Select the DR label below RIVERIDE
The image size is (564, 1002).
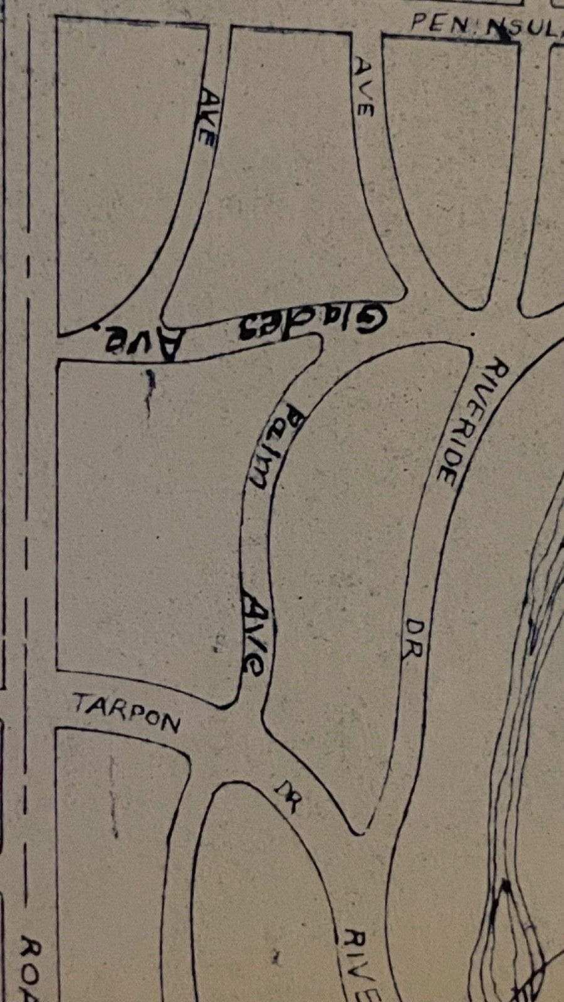click(414, 639)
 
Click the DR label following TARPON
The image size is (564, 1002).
click(287, 796)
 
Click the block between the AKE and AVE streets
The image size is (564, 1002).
click(282, 188)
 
